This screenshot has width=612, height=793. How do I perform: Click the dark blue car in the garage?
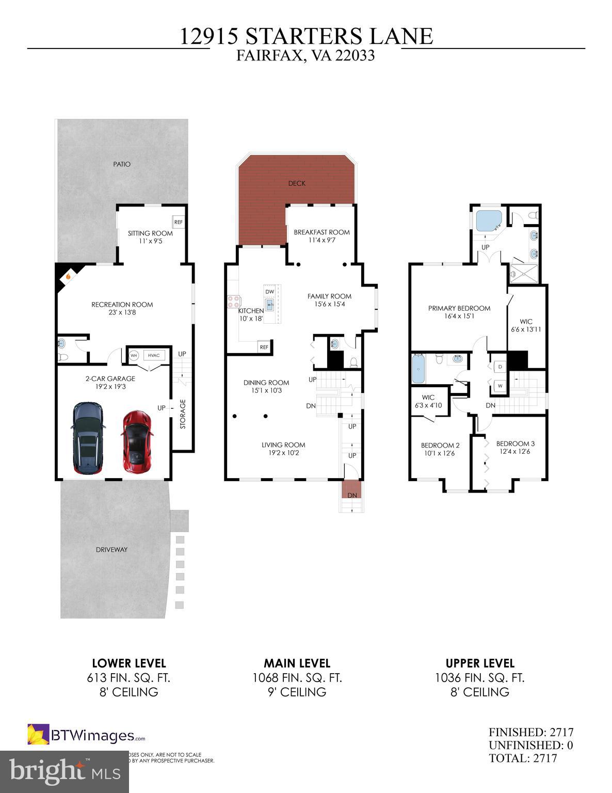coord(88,438)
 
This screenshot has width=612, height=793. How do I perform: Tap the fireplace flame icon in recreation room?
coord(68,277)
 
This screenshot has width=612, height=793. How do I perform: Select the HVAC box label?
coord(154,355)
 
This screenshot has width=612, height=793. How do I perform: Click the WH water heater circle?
coord(134,355)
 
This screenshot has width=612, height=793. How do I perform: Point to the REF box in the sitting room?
coord(179,222)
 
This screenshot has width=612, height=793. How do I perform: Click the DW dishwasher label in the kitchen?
coord(269,292)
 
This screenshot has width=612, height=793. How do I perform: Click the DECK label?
coord(297,183)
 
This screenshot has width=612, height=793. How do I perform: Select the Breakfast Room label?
coord(321,232)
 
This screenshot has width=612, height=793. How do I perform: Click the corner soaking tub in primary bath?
coord(488,221)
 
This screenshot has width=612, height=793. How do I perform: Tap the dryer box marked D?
coord(500,367)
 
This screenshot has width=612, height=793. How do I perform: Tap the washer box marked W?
coord(500,385)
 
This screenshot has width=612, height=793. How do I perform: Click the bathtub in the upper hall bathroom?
coord(418,368)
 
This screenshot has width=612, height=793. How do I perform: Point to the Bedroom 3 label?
coord(515,443)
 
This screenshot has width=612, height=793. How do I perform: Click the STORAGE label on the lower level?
coord(182,414)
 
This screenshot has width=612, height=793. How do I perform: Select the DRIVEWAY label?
coord(111,549)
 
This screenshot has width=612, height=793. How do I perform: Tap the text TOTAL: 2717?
coord(523,758)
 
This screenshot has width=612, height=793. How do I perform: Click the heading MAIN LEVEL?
coord(297,663)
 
